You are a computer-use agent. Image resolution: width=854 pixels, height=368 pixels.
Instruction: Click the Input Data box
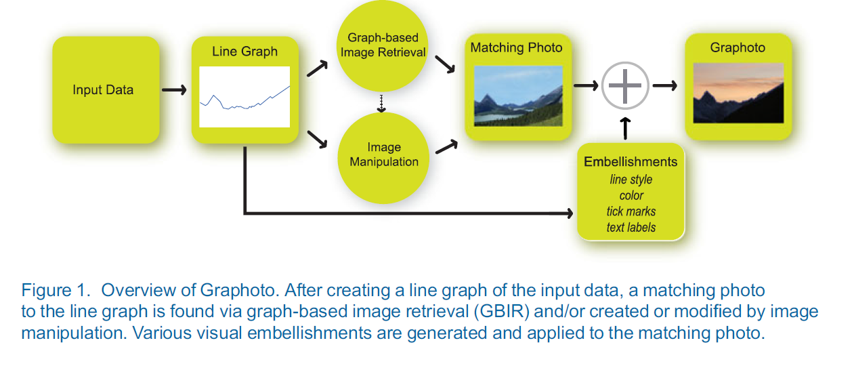tap(106, 90)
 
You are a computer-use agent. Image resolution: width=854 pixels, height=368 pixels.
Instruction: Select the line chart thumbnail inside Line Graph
tap(244, 96)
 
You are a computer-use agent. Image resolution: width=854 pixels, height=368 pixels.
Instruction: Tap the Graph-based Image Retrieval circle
tap(383, 45)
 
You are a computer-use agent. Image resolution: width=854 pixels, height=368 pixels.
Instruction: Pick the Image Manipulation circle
tap(384, 155)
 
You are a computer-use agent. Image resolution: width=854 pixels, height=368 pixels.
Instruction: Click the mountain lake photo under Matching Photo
tap(518, 96)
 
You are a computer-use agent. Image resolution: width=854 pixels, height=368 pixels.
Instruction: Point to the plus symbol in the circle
tap(625, 85)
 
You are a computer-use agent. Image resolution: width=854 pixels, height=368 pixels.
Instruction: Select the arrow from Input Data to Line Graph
tap(175, 90)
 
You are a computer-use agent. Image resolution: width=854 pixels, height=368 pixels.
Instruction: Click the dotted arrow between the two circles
tap(382, 102)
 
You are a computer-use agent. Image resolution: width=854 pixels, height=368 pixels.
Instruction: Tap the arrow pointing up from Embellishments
tap(626, 127)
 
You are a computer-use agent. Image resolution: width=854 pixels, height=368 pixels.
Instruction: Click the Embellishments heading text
tap(631, 162)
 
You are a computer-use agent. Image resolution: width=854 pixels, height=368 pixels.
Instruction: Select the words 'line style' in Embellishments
tap(631, 180)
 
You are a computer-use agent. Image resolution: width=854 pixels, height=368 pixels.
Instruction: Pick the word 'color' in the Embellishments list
tap(631, 196)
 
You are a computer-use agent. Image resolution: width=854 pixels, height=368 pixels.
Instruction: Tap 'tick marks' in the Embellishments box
tap(631, 211)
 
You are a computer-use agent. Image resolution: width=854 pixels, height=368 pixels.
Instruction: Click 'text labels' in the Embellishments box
tap(631, 228)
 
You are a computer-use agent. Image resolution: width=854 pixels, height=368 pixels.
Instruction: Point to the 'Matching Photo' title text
tap(516, 48)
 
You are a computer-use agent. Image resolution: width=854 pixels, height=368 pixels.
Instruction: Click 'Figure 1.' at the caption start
tap(56, 291)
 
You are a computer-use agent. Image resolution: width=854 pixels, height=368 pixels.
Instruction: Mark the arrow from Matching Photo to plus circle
tap(586, 85)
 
